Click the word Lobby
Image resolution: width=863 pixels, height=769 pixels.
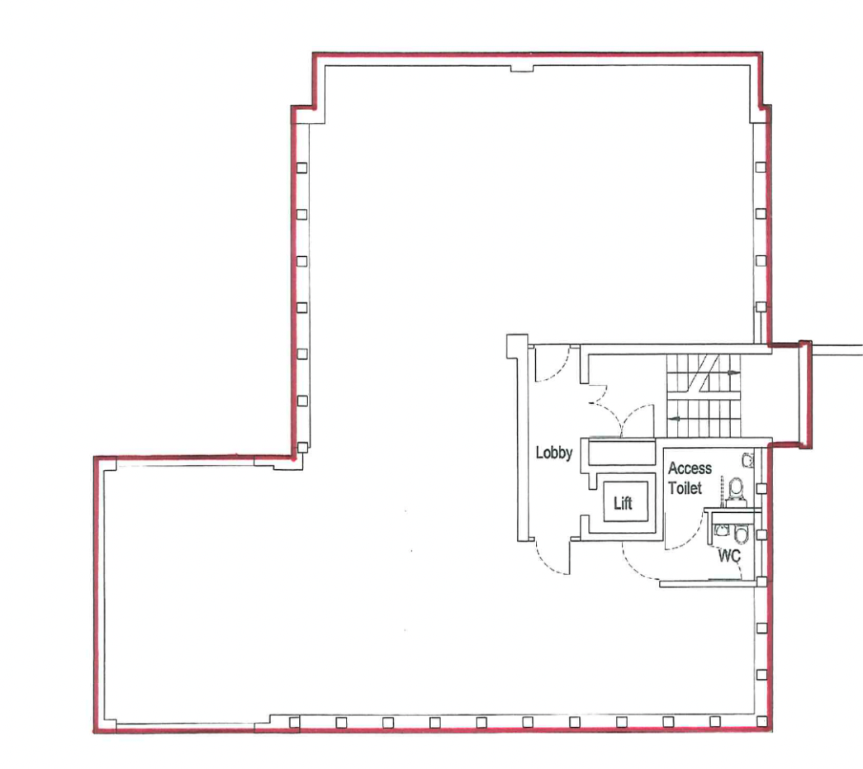point(554,453)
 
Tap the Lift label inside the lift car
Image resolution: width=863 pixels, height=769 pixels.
point(623,502)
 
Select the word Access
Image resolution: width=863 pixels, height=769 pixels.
point(690,468)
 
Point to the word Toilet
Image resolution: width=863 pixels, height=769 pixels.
point(685,487)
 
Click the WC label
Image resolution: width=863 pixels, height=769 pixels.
point(729,556)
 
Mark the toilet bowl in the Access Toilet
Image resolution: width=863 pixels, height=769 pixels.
point(736,489)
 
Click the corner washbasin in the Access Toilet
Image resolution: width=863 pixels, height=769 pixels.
point(747,459)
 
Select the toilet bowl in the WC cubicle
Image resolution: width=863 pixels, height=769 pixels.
point(742,534)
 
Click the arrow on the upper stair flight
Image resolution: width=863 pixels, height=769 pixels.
point(731,373)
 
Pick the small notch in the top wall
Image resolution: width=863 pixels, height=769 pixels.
point(522,69)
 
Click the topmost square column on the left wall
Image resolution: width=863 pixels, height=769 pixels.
point(301,168)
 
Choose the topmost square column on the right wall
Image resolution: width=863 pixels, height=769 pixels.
point(761,167)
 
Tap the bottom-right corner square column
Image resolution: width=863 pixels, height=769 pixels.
point(761,721)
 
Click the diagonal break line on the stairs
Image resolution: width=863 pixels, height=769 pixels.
point(704,374)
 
